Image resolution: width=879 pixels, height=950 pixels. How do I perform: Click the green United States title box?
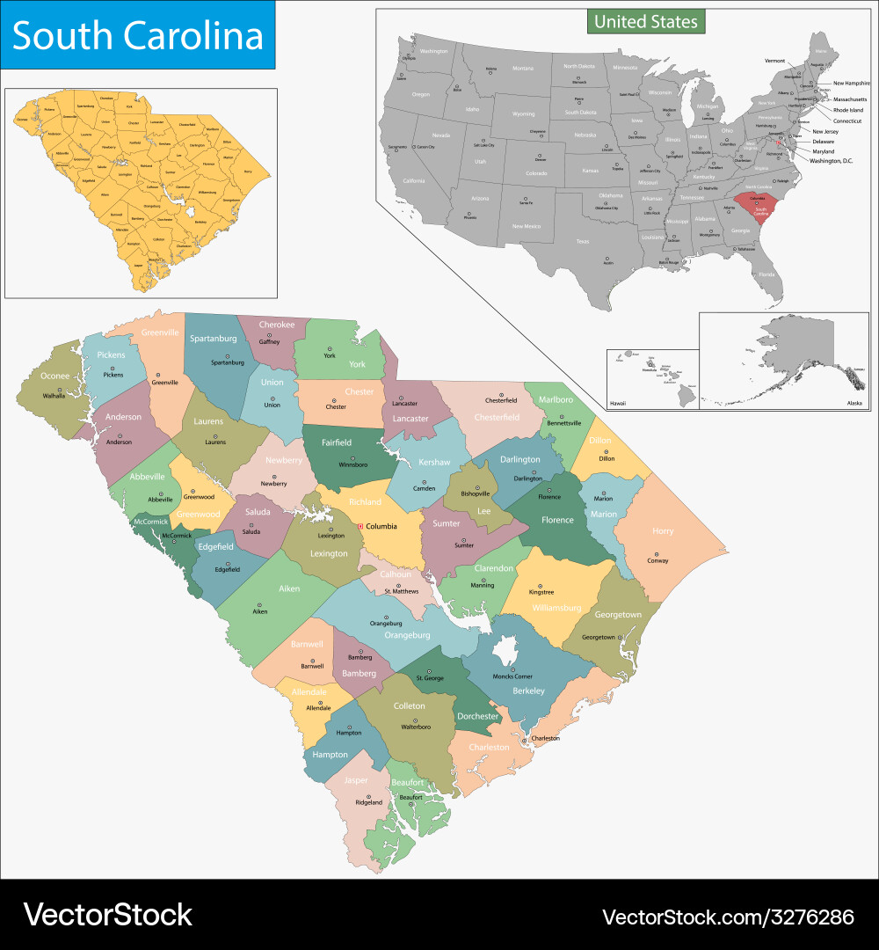coord(646,21)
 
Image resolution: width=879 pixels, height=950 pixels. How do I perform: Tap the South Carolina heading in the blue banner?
coord(138,36)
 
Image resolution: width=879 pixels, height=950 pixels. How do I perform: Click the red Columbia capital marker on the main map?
coord(360,527)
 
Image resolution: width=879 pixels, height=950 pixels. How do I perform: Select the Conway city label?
coord(657,560)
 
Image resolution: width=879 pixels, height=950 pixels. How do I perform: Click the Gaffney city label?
coord(269,341)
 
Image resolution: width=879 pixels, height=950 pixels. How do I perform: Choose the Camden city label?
coord(425,488)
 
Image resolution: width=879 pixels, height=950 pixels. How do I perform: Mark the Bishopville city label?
coord(476,494)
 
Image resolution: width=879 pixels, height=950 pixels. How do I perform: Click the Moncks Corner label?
coord(514,676)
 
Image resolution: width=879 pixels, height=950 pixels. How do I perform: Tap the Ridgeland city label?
coord(369,802)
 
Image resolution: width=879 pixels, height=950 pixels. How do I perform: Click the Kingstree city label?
coord(541,592)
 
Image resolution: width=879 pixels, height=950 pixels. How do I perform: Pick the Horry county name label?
coord(663,530)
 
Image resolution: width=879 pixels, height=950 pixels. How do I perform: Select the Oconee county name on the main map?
coord(54,376)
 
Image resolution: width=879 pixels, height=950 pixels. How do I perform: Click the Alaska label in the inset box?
coord(854,402)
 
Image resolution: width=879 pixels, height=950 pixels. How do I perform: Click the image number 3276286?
coord(804,917)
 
